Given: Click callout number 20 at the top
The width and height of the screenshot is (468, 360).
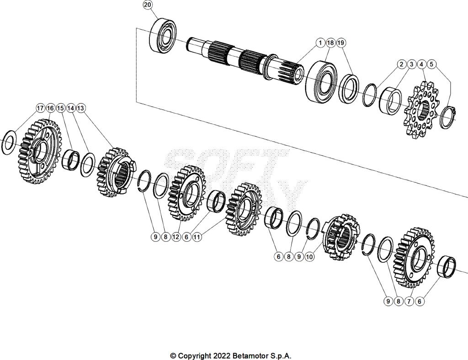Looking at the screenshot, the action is tap(147, 5).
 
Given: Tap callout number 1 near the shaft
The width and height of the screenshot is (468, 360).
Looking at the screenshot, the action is tap(320, 42).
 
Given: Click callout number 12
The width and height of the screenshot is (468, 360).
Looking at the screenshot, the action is tap(176, 237).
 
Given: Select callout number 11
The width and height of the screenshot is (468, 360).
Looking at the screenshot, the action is tap(197, 237).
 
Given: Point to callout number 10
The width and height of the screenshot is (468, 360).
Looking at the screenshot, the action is tap(309, 257).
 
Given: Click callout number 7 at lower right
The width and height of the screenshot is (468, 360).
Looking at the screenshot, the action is tap(409, 301).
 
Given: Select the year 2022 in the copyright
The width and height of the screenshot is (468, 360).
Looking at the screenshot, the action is tap(220, 356).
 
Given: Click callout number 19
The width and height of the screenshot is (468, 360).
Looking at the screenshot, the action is tap(341, 42).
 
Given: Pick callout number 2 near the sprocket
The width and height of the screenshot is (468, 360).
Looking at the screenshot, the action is tap(401, 64).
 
